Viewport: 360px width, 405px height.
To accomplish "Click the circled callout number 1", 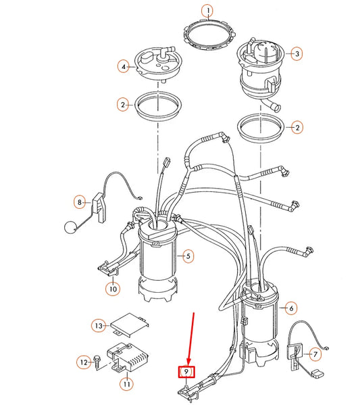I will coord(209,10).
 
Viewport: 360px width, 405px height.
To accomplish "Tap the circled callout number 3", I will coord(296,53).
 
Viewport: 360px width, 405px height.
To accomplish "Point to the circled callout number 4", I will coord(124,67).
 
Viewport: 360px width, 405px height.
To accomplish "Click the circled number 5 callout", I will coord(189,256).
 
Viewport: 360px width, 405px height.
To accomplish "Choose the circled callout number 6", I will coord(291,308).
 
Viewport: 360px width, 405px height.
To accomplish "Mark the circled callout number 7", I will coord(313,354).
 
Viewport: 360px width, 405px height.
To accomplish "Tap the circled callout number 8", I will coord(80,201).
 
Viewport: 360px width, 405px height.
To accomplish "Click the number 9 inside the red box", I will coord(186,371).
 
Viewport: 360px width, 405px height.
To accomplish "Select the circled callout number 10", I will coord(111,289).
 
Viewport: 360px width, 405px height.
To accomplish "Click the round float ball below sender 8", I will coord(68,229).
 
